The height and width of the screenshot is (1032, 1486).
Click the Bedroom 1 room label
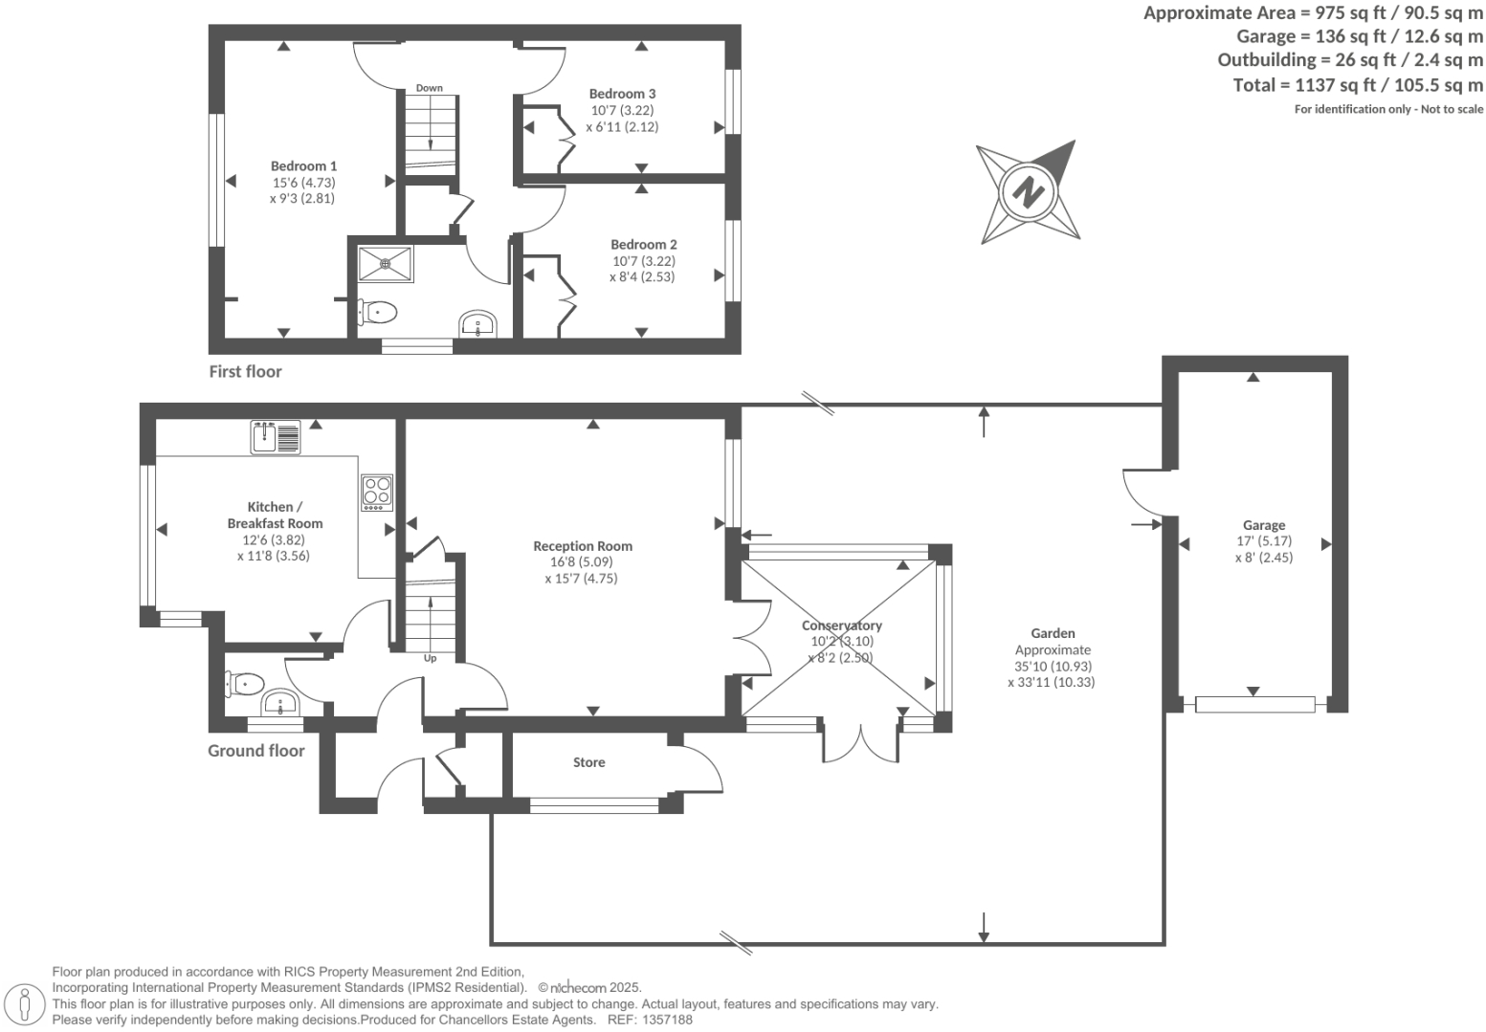pyautogui.click(x=303, y=165)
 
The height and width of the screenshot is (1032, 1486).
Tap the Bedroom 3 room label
pyautogui.click(x=622, y=94)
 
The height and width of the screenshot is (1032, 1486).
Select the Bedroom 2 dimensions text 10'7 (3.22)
pyautogui.click(x=643, y=260)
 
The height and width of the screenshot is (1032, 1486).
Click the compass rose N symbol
pyautogui.click(x=1028, y=191)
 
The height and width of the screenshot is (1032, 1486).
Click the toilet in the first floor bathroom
pyautogui.click(x=380, y=311)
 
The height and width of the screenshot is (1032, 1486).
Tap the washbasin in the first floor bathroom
pyautogui.click(x=477, y=324)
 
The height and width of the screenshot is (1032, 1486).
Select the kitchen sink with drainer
pyautogui.click(x=276, y=436)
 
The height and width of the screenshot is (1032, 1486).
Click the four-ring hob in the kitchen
pyautogui.click(x=377, y=492)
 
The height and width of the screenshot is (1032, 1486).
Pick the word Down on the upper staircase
pyautogui.click(x=429, y=88)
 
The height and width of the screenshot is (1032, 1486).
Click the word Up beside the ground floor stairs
pyautogui.click(x=430, y=658)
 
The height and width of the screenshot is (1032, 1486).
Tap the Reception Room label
pyautogui.click(x=582, y=546)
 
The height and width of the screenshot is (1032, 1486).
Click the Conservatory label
pyautogui.click(x=841, y=626)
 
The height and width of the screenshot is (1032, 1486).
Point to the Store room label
pyautogui.click(x=588, y=762)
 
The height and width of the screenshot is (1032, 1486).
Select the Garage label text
pyautogui.click(x=1263, y=525)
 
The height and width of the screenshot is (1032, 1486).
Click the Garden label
pyautogui.click(x=1053, y=633)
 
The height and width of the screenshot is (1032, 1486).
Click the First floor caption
pyautogui.click(x=245, y=371)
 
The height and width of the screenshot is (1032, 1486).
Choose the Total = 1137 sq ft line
pyautogui.click(x=1358, y=85)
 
